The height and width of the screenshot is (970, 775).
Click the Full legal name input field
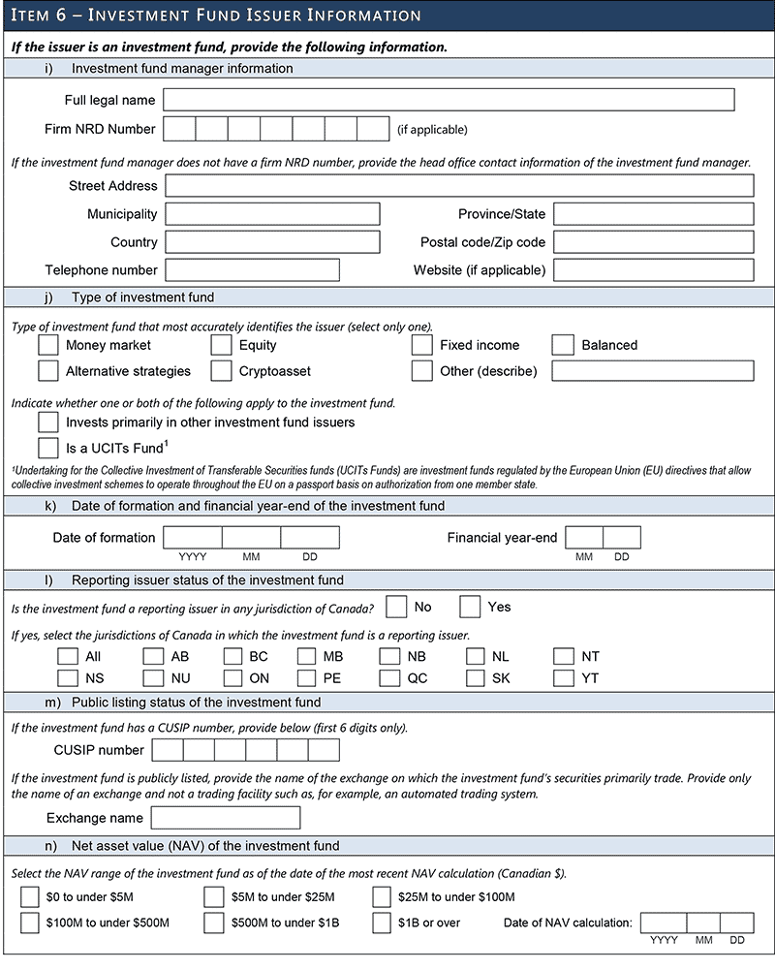(x=449, y=100)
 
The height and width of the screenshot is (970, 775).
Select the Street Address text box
(x=459, y=186)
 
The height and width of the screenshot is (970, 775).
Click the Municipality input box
(x=272, y=214)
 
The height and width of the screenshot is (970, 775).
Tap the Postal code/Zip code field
(x=653, y=242)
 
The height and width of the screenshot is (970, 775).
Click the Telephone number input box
(x=252, y=270)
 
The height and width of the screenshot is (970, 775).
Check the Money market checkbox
(x=48, y=345)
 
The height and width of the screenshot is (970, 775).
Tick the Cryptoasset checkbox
(x=222, y=371)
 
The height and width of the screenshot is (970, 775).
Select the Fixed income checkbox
(x=421, y=345)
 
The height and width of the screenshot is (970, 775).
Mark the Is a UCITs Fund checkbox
(x=48, y=448)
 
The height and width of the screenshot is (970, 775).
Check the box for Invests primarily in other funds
(x=48, y=422)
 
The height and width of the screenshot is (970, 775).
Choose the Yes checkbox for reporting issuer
(x=470, y=608)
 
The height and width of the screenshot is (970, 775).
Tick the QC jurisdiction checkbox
(x=389, y=678)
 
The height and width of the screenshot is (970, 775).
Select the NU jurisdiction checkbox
(x=153, y=678)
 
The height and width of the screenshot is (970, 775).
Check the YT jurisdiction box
(x=564, y=678)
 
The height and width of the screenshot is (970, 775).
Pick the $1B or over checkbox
(x=382, y=923)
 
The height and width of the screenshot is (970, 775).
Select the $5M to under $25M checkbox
(x=214, y=897)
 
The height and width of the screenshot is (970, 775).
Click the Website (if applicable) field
(x=653, y=270)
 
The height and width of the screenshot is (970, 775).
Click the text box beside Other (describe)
(x=653, y=371)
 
